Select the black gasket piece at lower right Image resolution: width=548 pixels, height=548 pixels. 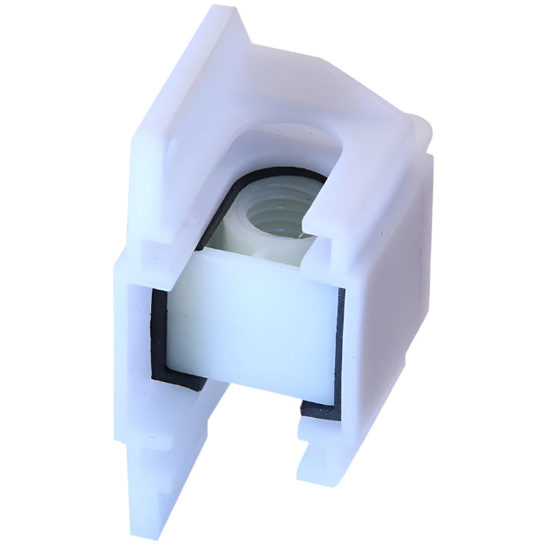click(x=321, y=407)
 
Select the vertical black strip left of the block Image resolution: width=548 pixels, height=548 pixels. click(x=157, y=329)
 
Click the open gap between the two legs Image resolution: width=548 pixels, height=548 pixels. click(x=251, y=438)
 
